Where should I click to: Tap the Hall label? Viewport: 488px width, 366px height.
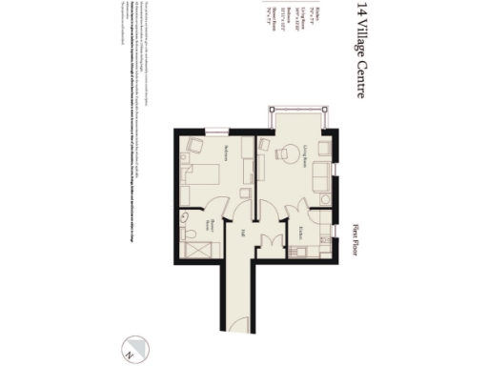tap(242, 234)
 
